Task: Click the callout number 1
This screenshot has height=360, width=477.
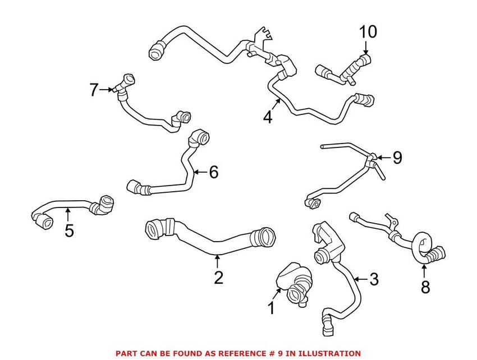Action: (x=271, y=308)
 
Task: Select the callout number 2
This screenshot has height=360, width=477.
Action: (x=218, y=276)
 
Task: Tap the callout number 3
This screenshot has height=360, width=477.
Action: (x=374, y=279)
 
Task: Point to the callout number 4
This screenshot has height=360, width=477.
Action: (x=268, y=118)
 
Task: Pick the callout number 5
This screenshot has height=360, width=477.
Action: (x=68, y=230)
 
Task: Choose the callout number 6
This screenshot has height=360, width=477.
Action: (x=213, y=172)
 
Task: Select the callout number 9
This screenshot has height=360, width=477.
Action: (x=397, y=158)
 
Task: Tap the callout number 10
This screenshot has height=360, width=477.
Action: (x=368, y=32)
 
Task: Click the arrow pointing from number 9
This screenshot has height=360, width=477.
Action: (x=383, y=158)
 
